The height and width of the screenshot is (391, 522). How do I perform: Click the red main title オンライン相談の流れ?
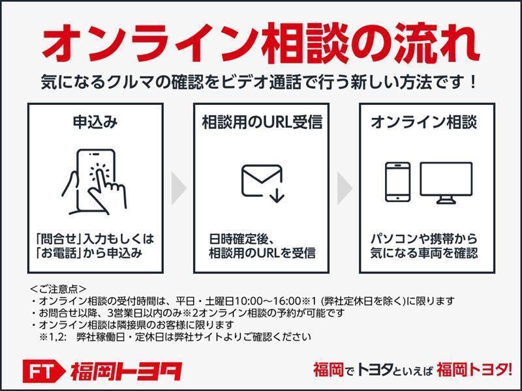261,42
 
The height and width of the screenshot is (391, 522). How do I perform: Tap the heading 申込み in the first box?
95,122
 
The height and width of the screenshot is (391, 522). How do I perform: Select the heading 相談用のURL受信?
262,122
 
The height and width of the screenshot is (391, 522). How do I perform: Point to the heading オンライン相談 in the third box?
423,122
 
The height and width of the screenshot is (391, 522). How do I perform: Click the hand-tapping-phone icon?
94,182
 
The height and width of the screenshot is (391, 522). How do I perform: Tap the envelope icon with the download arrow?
263,183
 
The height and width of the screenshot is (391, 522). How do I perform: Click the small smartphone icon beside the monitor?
397,182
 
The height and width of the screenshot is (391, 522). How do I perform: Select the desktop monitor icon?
446,183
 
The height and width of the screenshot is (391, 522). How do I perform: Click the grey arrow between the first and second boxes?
179,188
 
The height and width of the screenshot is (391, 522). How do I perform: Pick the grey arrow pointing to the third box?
345,188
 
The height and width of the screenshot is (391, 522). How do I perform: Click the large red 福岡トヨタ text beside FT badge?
126,371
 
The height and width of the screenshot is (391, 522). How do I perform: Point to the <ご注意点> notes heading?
57,288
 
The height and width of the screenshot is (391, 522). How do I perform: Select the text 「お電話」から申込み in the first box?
89,253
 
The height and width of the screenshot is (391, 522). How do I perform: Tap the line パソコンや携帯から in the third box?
423,239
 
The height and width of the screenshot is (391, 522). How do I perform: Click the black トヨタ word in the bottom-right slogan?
374,369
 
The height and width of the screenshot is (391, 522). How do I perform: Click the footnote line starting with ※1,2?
175,337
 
